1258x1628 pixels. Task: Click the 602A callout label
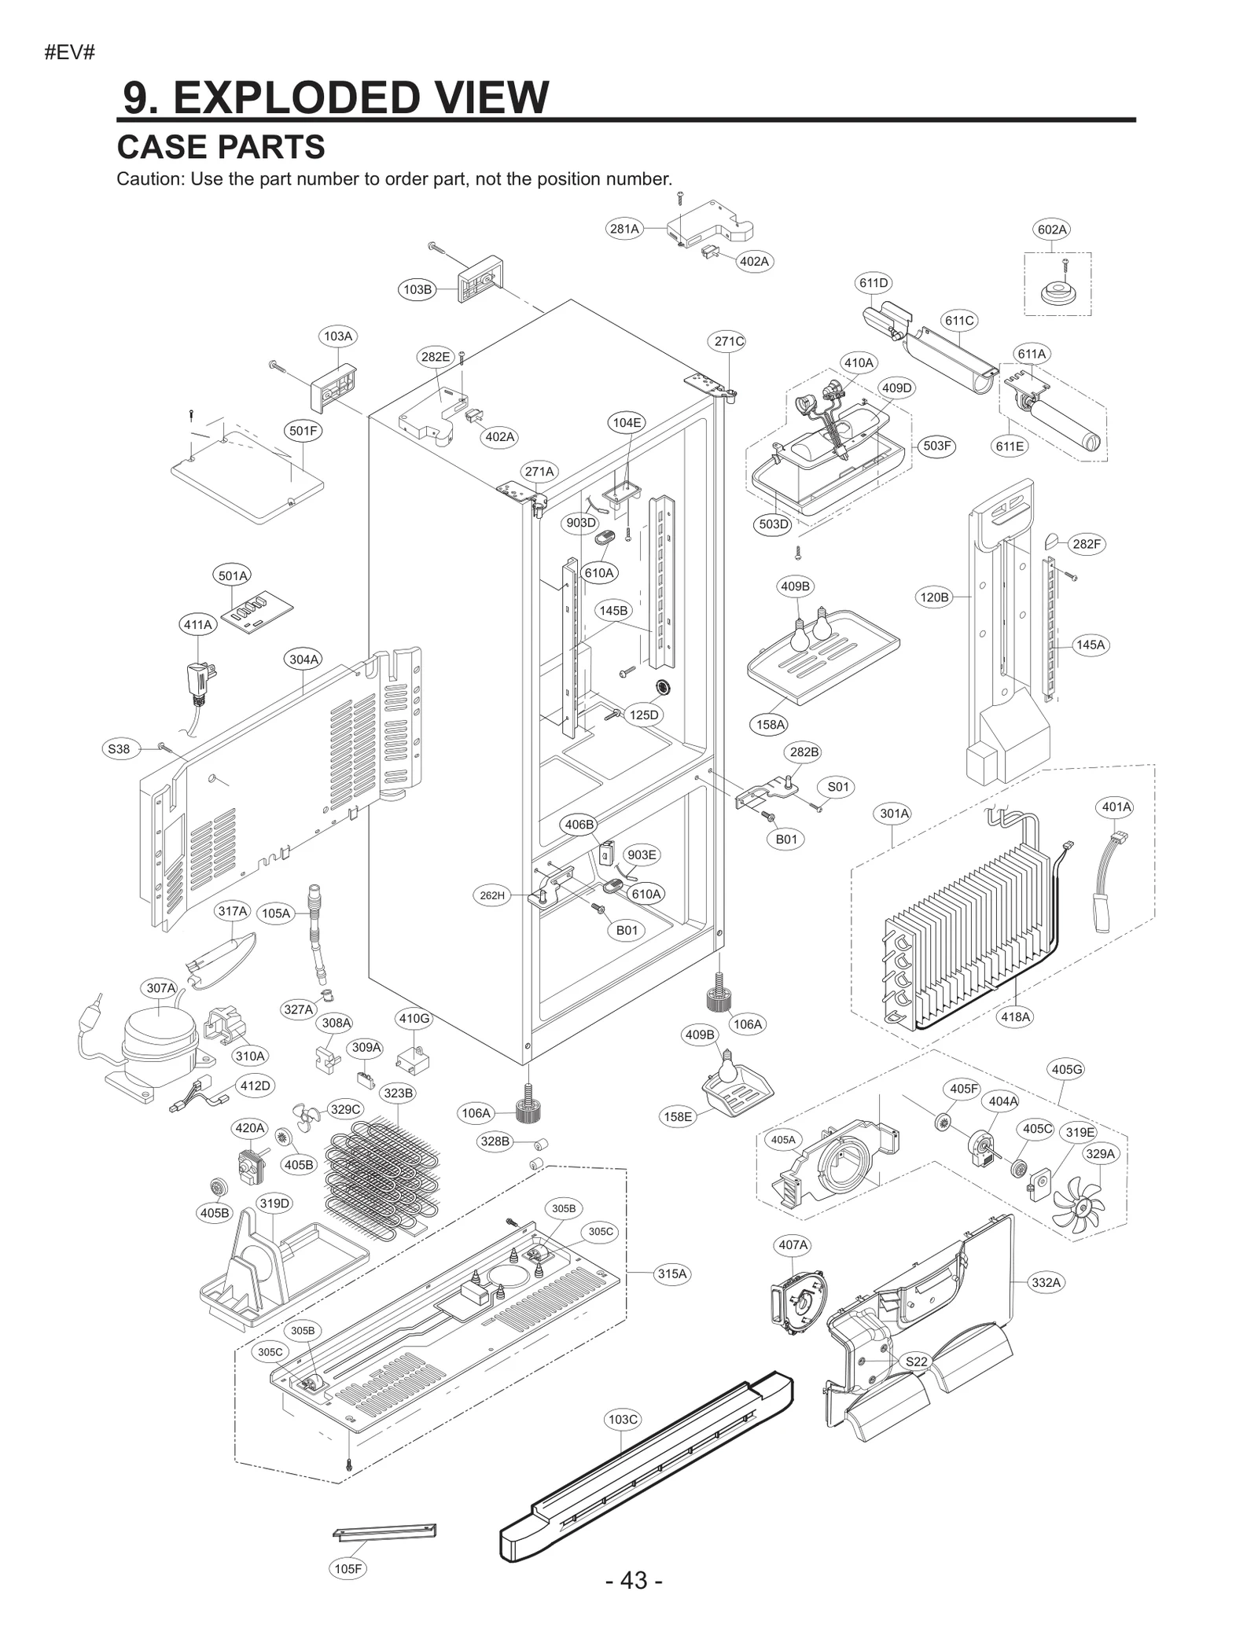pyautogui.click(x=1051, y=230)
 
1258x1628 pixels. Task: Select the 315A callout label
pyautogui.click(x=672, y=1273)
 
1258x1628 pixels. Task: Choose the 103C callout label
pyautogui.click(x=623, y=1419)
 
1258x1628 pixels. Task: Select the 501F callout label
pyautogui.click(x=303, y=431)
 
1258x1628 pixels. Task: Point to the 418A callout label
pyautogui.click(x=1015, y=1016)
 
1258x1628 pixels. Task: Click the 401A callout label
pyautogui.click(x=1116, y=807)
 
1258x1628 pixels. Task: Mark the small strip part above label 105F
pyautogui.click(x=384, y=1532)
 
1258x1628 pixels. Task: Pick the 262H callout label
pyautogui.click(x=492, y=895)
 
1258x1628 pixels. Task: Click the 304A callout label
pyautogui.click(x=303, y=660)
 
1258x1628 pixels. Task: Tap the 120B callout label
pyautogui.click(x=934, y=597)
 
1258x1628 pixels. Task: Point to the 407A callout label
pyautogui.click(x=793, y=1244)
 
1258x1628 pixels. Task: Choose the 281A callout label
pyautogui.click(x=624, y=229)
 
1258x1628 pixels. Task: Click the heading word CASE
pyautogui.click(x=162, y=147)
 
